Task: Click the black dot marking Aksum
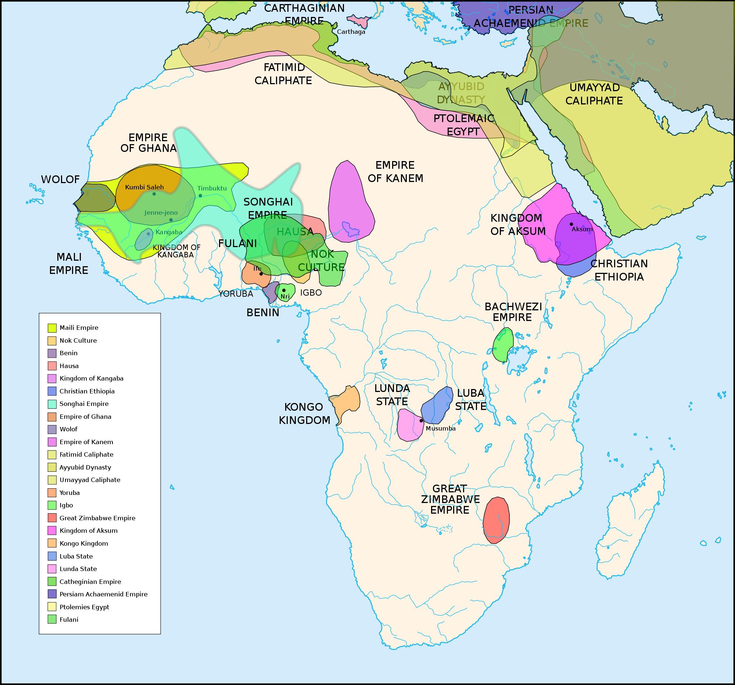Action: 571,224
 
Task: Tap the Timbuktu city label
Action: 212,188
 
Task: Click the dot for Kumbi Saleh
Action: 154,194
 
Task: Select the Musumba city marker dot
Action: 421,421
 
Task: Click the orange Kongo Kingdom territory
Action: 348,401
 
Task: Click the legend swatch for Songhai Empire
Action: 52,404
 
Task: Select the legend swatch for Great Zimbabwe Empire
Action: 52,518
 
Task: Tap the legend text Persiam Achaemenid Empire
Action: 103,594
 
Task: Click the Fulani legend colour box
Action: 52,619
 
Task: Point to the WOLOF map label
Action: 60,180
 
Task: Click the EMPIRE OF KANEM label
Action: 395,172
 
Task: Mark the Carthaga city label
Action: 351,32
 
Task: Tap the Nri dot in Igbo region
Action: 284,290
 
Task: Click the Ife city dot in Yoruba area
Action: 261,274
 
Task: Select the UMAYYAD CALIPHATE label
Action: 594,94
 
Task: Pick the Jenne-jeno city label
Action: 161,213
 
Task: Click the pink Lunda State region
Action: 409,426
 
